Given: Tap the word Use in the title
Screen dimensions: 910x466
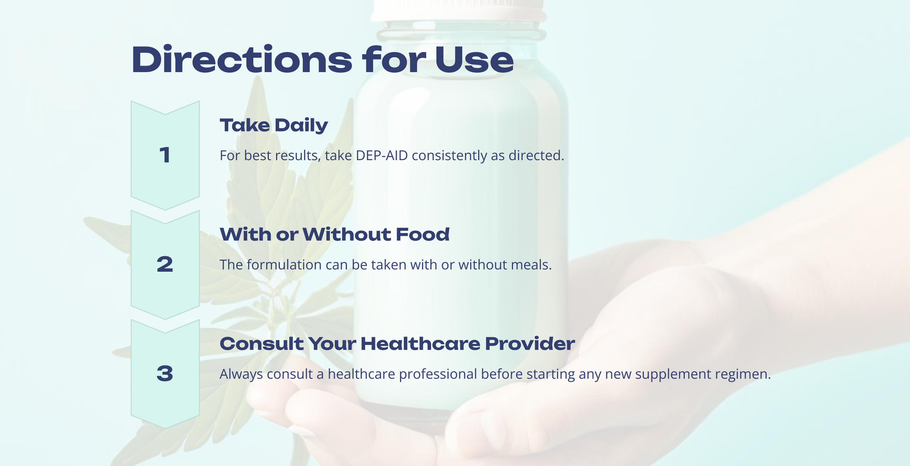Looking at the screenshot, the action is (x=474, y=60).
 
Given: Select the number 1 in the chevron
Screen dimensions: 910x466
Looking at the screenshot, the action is (x=165, y=156).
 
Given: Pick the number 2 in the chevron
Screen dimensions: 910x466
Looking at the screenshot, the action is (x=165, y=265).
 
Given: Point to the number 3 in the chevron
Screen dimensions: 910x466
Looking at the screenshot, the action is (x=165, y=374).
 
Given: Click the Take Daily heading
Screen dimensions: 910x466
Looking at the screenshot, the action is (x=274, y=125).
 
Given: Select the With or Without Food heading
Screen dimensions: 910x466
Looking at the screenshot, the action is (x=335, y=234).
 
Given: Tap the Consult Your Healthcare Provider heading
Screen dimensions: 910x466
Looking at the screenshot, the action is (x=397, y=344).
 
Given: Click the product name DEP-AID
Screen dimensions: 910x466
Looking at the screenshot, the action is (x=382, y=156).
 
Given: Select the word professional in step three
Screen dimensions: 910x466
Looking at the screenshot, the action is (x=438, y=374).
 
